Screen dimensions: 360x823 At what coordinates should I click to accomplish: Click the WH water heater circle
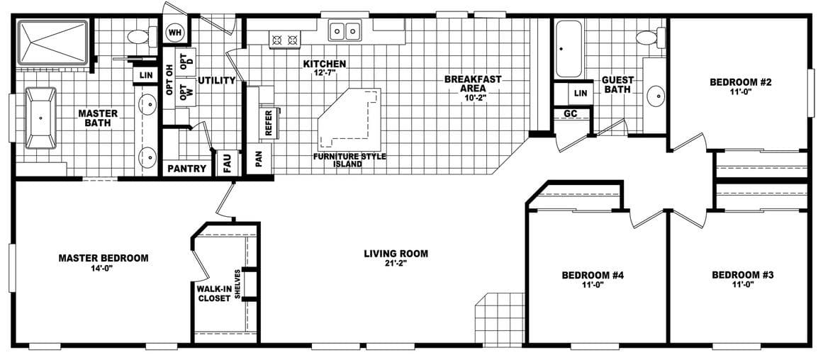click(174, 33)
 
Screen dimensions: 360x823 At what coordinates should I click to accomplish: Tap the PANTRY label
click(187, 169)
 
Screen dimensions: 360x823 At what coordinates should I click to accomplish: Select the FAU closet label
click(227, 163)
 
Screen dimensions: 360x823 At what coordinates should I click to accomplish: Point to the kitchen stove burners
click(285, 40)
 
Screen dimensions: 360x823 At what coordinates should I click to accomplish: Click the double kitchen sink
click(345, 31)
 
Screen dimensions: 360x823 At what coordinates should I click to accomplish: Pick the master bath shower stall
click(52, 44)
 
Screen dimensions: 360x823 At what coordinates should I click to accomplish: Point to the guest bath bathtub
click(568, 50)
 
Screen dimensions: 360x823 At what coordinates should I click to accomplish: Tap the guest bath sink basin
click(656, 94)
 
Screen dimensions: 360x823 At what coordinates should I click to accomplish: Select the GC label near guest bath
click(570, 113)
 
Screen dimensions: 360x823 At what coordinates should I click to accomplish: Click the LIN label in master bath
click(146, 75)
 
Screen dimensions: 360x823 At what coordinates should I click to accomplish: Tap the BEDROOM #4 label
click(592, 275)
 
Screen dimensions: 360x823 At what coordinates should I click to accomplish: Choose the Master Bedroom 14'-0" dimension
click(103, 269)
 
